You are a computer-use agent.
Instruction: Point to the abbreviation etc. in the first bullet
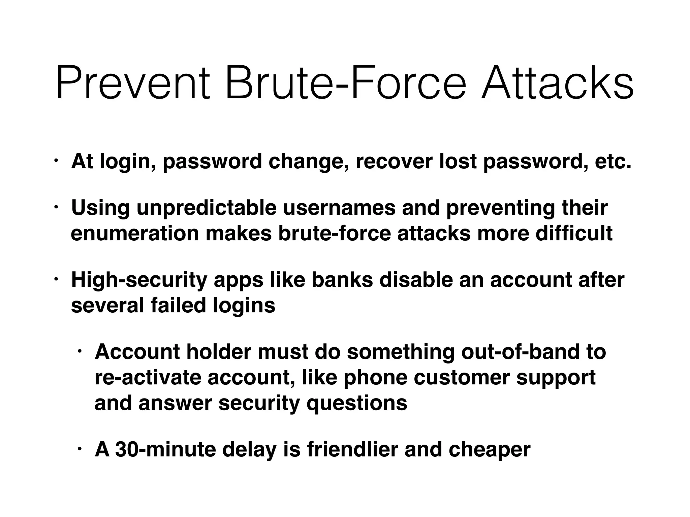613,162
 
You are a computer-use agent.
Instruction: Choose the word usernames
339,208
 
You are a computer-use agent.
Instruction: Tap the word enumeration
135,233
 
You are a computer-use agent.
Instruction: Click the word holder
219,352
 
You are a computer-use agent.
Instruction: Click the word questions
357,403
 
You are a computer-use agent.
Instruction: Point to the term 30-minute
165,450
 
